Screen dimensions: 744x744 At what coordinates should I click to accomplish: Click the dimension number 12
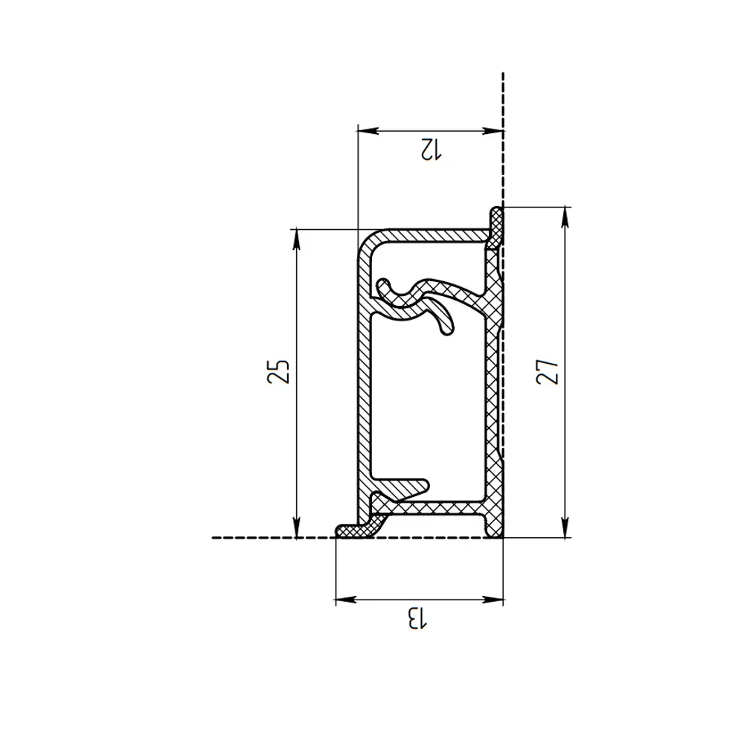coord(431,149)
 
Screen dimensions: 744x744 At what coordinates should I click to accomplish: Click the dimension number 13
coord(417,618)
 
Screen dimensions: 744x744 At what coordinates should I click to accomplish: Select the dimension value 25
coord(278,371)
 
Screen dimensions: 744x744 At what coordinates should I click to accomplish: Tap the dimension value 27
coord(548,371)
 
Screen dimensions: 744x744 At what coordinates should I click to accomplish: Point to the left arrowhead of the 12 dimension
coord(368,130)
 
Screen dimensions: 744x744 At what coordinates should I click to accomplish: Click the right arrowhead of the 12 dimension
coord(493,130)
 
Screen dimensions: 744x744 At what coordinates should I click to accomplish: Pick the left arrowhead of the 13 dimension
coord(347,600)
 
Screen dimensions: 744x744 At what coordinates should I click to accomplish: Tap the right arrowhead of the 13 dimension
coord(493,600)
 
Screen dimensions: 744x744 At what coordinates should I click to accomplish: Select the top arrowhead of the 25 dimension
coord(297,240)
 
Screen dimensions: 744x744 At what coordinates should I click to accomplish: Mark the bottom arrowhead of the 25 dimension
coord(297,527)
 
